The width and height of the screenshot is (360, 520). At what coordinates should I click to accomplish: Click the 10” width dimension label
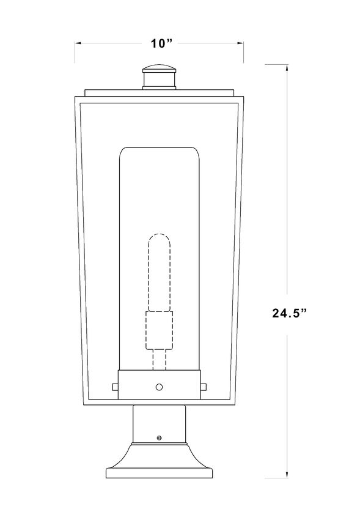(x=162, y=43)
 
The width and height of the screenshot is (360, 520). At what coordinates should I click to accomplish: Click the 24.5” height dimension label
(x=290, y=313)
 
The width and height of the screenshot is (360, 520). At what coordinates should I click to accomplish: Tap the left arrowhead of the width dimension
(x=78, y=43)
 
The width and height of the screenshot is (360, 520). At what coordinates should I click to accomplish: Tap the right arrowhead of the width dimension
(x=240, y=43)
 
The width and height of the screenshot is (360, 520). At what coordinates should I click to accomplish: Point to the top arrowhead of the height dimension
(x=287, y=68)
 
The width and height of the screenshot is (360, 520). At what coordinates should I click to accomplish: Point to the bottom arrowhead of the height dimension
(x=287, y=474)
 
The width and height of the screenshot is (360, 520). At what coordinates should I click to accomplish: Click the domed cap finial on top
(x=159, y=69)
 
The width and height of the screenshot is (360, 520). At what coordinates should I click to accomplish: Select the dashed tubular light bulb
(x=159, y=273)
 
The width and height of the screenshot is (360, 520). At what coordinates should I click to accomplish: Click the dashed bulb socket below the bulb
(x=160, y=330)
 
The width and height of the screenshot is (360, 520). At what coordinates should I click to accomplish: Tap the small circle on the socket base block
(x=160, y=387)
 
